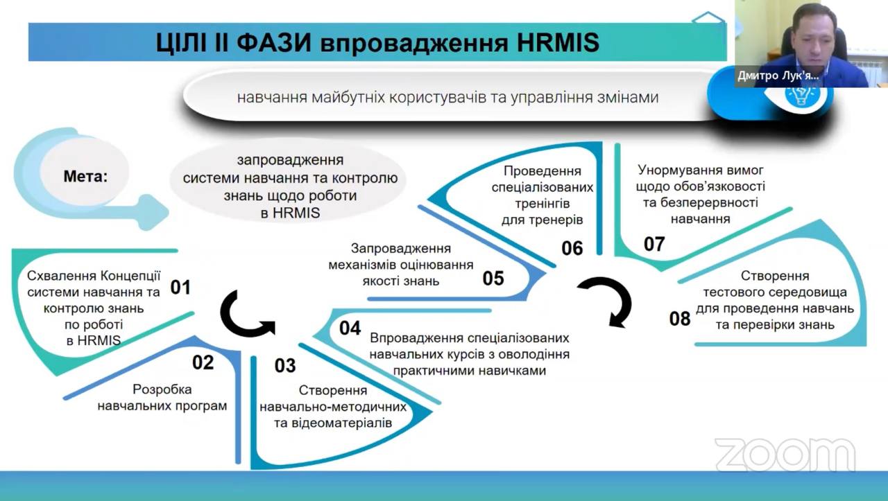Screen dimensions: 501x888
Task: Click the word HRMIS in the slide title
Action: [x=558, y=44]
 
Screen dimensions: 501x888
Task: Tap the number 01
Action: [x=180, y=287]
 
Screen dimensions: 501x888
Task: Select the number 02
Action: [x=203, y=362]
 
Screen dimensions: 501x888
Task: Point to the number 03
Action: [x=285, y=365]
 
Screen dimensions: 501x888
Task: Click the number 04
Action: [x=350, y=328]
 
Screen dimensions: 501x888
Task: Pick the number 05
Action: [x=493, y=278]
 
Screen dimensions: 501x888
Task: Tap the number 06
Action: [x=572, y=247]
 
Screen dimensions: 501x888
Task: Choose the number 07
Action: [x=654, y=244]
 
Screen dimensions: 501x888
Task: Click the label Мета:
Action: [x=86, y=176]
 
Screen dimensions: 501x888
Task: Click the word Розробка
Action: [x=162, y=389]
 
